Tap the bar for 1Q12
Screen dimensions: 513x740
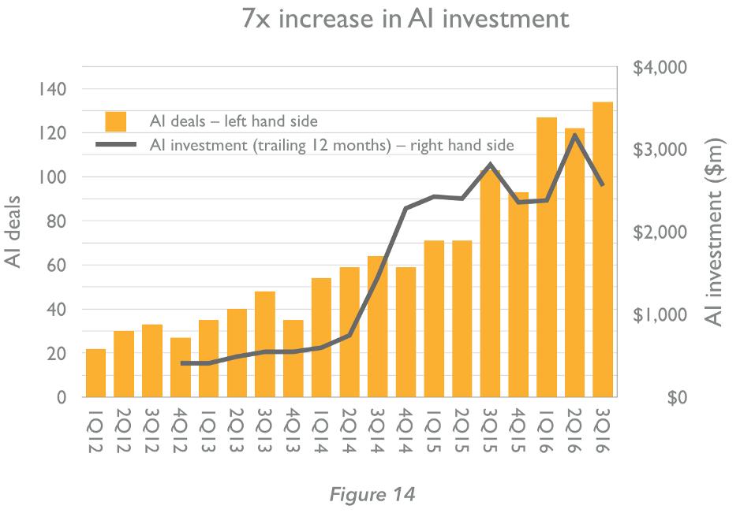pyautogui.click(x=95, y=373)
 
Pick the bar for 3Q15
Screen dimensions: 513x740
pyautogui.click(x=490, y=284)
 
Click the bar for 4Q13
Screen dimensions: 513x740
pyautogui.click(x=293, y=359)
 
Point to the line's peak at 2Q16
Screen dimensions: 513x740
pyautogui.click(x=575, y=135)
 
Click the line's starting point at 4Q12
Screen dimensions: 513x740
pyautogui.click(x=181, y=363)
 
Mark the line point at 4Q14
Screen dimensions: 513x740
pyautogui.click(x=406, y=208)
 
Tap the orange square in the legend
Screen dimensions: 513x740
pyautogui.click(x=116, y=121)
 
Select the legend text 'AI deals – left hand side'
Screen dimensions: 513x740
pyautogui.click(x=234, y=121)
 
